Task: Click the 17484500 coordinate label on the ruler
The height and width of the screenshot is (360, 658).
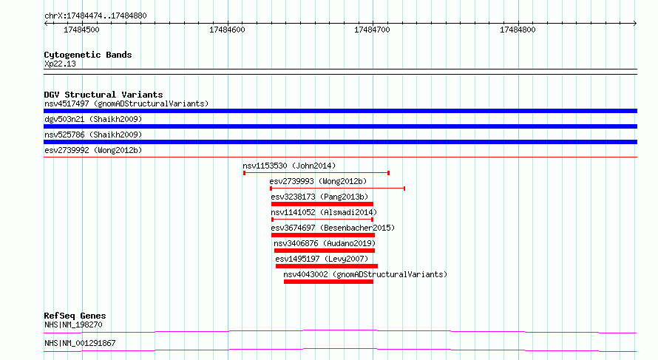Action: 81,30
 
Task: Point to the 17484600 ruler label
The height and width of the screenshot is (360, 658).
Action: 227,30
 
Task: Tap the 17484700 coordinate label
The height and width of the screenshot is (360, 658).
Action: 372,30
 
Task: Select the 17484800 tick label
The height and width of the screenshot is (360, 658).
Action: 518,30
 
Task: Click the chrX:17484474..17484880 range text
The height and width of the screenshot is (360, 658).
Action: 95,16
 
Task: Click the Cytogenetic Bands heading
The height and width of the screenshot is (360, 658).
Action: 88,55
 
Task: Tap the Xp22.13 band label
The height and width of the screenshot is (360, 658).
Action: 60,64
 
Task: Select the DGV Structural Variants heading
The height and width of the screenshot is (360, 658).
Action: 104,95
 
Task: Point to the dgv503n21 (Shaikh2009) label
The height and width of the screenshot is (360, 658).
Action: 93,119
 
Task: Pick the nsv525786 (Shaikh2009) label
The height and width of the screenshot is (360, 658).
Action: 93,135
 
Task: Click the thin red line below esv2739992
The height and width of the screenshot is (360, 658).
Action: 340,157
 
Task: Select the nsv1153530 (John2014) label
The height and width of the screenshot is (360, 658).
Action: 289,166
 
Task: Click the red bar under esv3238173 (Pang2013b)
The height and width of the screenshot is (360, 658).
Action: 322,204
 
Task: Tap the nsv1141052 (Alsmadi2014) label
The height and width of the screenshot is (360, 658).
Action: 324,212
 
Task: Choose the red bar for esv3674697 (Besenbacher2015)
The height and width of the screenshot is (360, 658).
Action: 322,235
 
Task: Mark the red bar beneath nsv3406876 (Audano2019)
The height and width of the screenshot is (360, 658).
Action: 325,251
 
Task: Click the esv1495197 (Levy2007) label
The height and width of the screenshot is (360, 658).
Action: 322,259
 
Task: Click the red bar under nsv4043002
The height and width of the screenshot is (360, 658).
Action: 328,282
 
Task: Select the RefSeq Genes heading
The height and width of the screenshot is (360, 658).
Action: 75,316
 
